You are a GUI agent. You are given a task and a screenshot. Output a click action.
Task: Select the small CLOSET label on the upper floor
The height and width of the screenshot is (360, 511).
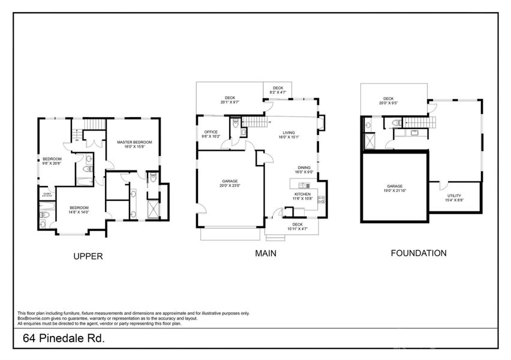(46, 193)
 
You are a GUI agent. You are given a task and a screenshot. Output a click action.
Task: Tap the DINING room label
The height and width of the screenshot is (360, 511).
(304, 168)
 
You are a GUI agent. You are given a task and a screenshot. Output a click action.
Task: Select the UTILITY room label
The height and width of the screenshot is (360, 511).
(454, 196)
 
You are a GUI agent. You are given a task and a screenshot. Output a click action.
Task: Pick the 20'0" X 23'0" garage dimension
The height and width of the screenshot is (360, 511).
(230, 186)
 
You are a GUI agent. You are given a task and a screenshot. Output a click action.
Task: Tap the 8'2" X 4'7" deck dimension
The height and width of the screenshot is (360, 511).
(278, 92)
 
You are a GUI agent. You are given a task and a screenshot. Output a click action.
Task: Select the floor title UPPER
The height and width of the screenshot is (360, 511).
(88, 256)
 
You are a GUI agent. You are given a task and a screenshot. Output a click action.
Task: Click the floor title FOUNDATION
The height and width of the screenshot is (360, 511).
(418, 253)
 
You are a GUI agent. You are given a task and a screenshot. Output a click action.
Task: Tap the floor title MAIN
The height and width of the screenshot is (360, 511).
(266, 253)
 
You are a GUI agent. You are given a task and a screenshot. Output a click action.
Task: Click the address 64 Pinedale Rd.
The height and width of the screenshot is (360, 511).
(64, 338)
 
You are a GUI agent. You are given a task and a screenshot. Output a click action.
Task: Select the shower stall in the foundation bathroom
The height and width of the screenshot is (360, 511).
(368, 142)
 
